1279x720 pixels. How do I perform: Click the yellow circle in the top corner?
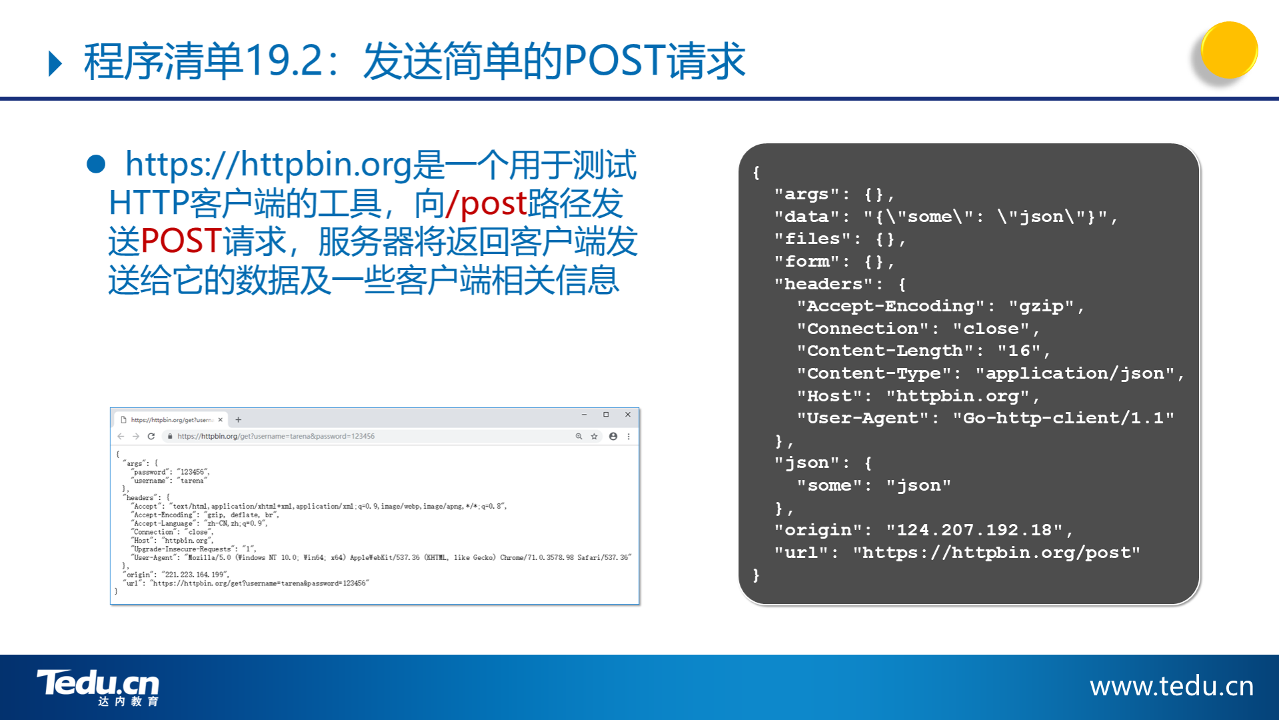[x=1229, y=50]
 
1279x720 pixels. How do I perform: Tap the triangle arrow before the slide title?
[x=56, y=63]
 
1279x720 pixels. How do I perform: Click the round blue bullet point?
[x=96, y=164]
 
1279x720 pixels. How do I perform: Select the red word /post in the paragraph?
[x=487, y=203]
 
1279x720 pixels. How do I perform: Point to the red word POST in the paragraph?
[x=181, y=241]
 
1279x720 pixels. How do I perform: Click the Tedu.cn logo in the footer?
[x=98, y=687]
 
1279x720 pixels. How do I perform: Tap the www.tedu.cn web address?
[x=1172, y=686]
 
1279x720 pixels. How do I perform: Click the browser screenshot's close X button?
[x=628, y=415]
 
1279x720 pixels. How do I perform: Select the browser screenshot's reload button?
[x=151, y=437]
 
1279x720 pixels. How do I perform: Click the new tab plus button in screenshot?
[x=238, y=420]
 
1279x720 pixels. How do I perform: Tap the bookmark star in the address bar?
[x=594, y=437]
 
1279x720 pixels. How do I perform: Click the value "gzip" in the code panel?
[x=1041, y=306]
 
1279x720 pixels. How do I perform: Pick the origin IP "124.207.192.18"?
[x=974, y=530]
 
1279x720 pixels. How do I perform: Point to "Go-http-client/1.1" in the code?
[x=1063, y=418]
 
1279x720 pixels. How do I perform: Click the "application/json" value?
[x=1074, y=373]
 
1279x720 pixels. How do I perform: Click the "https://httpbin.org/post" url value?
[x=996, y=553]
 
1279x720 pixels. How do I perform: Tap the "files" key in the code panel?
[x=813, y=239]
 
